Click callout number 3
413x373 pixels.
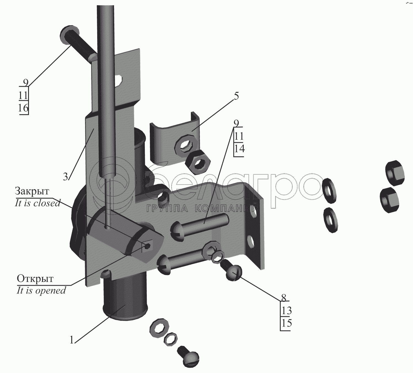tap(65, 176)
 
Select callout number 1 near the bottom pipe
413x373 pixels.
tap(72, 341)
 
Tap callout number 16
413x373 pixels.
tap(23, 108)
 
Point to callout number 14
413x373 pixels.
tap(239, 149)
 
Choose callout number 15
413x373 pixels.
tap(287, 323)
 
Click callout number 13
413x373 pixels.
tap(287, 311)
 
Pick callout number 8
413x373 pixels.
tap(284, 298)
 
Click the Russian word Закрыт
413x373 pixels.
tap(32, 191)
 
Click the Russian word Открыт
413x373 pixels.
tap(35, 279)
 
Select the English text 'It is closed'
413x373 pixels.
tap(37, 203)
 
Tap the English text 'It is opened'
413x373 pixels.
tap(41, 291)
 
